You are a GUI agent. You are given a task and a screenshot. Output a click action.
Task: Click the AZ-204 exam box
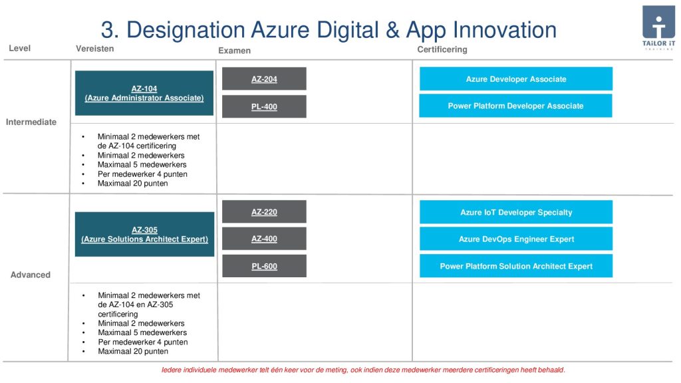[x=264, y=78]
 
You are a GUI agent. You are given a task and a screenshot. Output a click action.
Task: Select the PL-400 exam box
[x=264, y=106]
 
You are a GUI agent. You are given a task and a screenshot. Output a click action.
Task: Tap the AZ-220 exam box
[x=264, y=211]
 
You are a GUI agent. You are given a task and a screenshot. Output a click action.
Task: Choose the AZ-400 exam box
[x=264, y=239]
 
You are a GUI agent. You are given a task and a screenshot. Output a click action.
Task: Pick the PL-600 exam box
[x=264, y=266]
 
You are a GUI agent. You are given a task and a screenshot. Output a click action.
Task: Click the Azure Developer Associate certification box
[x=516, y=78]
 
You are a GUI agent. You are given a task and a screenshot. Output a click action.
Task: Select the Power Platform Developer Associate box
[x=515, y=106]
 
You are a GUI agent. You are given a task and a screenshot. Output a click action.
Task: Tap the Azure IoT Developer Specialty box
[x=516, y=212]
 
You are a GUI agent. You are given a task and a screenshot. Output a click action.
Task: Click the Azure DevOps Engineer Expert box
[x=516, y=239]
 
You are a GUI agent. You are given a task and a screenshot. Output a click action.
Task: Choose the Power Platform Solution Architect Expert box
[x=516, y=266]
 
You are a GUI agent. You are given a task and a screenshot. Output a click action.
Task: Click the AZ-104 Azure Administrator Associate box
[x=144, y=93]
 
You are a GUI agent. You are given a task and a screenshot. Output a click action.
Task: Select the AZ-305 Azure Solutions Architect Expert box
[x=144, y=234]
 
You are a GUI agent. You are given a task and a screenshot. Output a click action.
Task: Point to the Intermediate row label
[x=31, y=122]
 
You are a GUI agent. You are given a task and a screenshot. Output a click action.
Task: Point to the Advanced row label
[x=31, y=275]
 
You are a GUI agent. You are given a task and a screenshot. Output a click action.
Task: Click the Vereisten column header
[x=94, y=49]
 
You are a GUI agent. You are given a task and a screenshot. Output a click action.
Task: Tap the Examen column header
[x=235, y=51]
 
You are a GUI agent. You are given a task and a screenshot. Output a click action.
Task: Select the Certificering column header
[x=442, y=49]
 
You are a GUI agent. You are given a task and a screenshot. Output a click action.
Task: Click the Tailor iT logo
[x=659, y=28]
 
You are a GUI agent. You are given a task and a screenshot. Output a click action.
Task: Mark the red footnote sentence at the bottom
[x=364, y=370]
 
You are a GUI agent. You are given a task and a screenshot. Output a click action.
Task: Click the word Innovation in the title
[x=505, y=30]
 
